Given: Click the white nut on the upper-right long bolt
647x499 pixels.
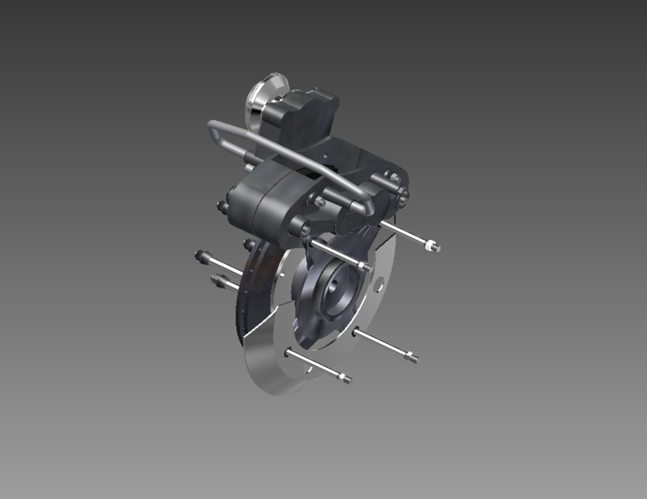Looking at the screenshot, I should (x=431, y=246).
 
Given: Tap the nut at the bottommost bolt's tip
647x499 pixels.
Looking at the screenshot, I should (x=344, y=380).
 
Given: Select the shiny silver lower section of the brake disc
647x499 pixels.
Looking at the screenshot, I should (x=273, y=366).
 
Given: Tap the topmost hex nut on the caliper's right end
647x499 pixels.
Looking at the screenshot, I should (x=394, y=179).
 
